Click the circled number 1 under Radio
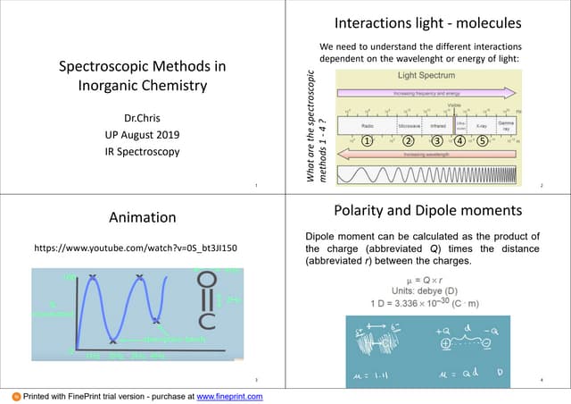click(367, 140)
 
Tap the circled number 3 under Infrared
click(437, 140)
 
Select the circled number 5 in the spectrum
click(482, 140)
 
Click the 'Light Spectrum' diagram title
click(426, 76)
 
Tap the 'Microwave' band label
click(410, 127)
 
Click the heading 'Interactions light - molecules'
click(426, 21)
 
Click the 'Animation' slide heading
click(142, 217)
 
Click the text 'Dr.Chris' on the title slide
click(142, 118)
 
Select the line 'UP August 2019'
click(142, 134)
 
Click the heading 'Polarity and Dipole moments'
click(426, 211)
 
